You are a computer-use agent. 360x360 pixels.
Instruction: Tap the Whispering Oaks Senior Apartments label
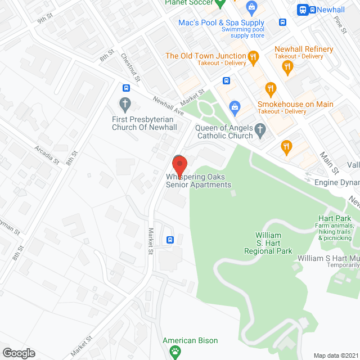198,181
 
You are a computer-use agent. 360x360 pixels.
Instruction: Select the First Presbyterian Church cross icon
125,104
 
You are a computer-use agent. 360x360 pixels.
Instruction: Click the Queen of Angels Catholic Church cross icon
260,132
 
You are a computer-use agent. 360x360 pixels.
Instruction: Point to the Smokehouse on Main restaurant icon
271,89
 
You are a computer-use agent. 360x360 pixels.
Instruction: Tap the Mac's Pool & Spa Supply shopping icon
251,8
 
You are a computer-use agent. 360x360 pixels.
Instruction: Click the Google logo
19,353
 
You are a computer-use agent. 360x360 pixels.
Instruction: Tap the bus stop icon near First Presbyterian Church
127,88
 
